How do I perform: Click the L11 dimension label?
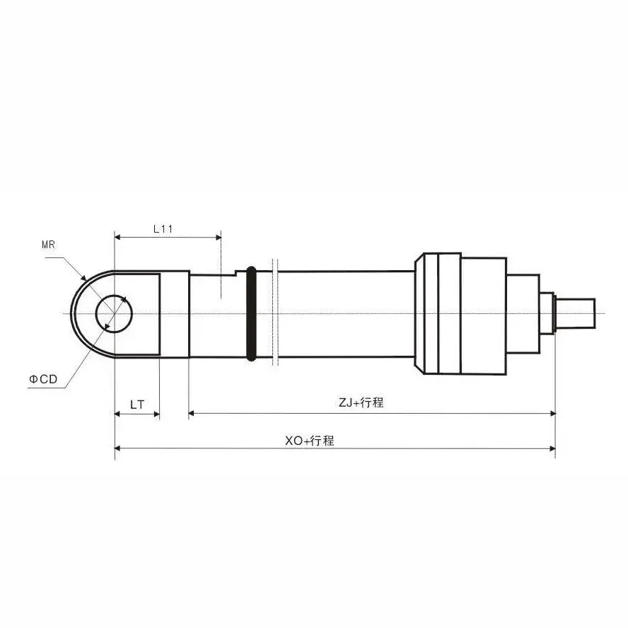[163, 229]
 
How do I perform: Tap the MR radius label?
[48, 245]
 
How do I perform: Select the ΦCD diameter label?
[43, 379]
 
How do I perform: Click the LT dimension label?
[137, 405]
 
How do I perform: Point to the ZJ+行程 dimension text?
[361, 402]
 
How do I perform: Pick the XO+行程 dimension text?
[309, 441]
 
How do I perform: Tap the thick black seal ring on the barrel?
[251, 313]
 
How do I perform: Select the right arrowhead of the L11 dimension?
[219, 238]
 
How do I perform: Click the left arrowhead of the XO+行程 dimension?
[117, 448]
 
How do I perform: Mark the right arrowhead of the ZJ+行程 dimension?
[552, 413]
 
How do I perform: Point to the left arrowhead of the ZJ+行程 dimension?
[192, 413]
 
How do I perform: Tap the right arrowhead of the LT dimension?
[156, 414]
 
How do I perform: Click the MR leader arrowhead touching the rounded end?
[83, 277]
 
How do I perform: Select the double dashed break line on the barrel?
[275, 313]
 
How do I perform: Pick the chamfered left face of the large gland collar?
[419, 313]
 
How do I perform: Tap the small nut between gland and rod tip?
[546, 313]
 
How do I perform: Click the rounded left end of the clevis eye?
[72, 313]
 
